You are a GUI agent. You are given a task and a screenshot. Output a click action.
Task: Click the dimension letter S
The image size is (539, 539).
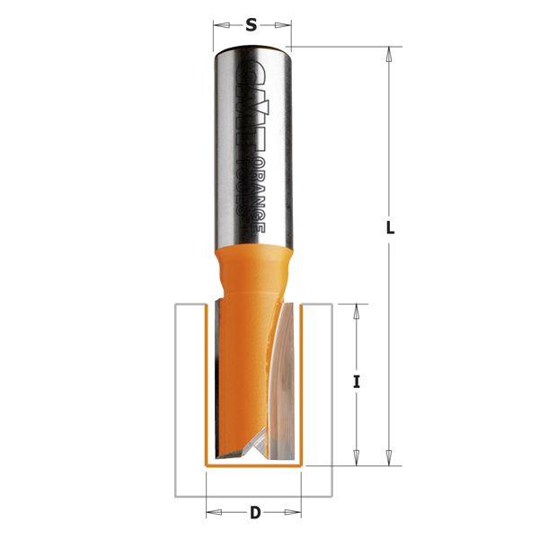[x=252, y=26]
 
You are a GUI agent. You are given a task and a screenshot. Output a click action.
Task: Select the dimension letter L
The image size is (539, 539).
[x=390, y=228]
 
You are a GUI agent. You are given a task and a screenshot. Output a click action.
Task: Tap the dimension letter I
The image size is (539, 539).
[x=357, y=382]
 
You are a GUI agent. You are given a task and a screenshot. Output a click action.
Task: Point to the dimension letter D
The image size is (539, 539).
[x=254, y=513]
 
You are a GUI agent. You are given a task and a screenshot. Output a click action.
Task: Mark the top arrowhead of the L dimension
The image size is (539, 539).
[x=389, y=54]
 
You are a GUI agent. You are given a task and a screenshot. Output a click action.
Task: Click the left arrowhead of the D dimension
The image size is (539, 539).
[x=213, y=514]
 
